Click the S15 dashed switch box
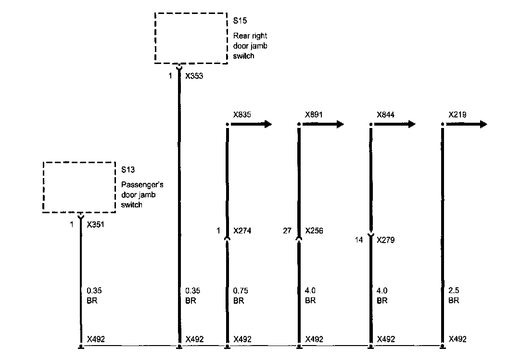[190, 38]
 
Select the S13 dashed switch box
[79, 187]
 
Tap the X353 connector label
[194, 76]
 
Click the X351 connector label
[96, 224]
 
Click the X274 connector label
[242, 231]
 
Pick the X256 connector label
[314, 231]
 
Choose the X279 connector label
[386, 240]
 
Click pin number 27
[287, 231]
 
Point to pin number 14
[359, 240]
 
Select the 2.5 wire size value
[454, 291]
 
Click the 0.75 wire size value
[240, 291]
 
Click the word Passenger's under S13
[139, 184]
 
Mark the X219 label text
[457, 115]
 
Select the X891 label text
[314, 115]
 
